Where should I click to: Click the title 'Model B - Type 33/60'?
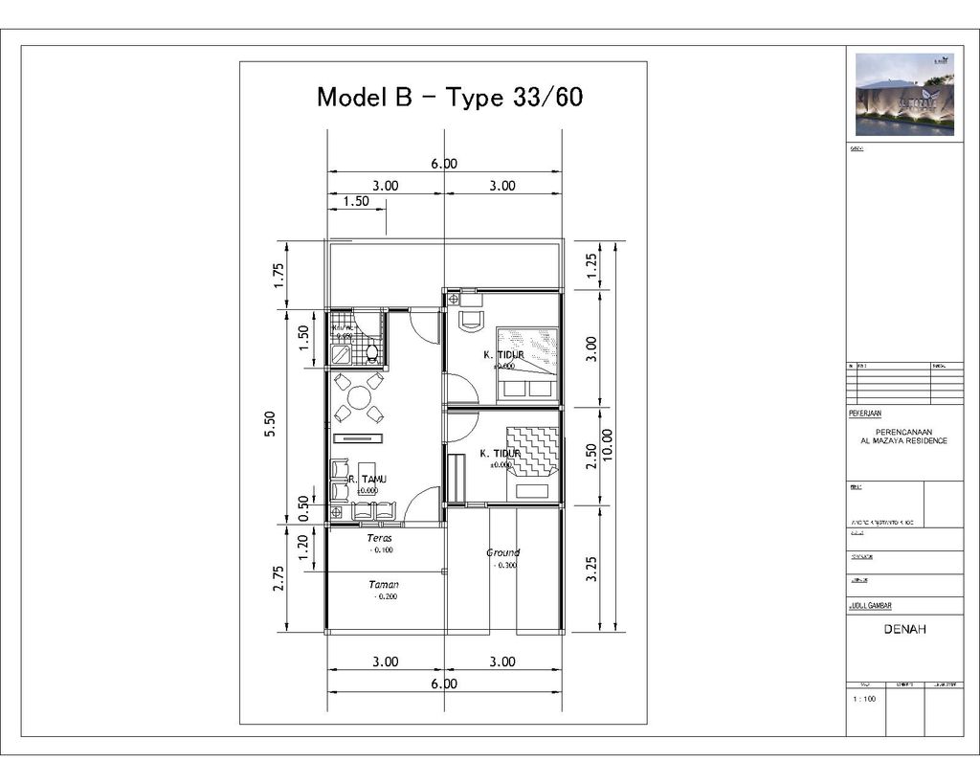(450, 97)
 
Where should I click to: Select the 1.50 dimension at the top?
(356, 201)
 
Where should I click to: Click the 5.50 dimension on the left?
(270, 423)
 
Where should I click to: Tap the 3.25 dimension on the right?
(590, 569)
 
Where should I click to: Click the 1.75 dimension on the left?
(278, 275)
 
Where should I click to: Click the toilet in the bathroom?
(371, 352)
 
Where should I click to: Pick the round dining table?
(359, 397)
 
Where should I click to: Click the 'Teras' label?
(380, 538)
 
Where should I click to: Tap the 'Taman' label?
(384, 584)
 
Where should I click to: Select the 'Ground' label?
(502, 552)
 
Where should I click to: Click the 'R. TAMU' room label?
(367, 480)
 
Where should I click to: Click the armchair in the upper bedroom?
(471, 320)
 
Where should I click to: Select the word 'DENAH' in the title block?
(904, 630)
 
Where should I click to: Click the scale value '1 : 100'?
(864, 699)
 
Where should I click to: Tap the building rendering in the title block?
(904, 94)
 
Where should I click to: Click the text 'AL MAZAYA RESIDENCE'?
(904, 440)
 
